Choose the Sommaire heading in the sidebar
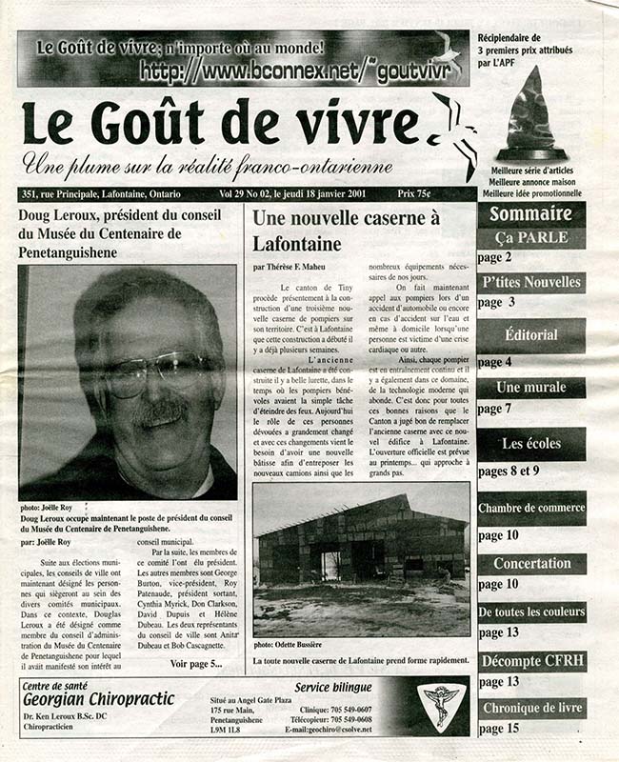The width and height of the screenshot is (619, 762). click(x=530, y=214)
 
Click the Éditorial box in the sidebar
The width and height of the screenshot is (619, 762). click(x=530, y=336)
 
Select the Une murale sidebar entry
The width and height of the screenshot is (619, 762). click(x=530, y=388)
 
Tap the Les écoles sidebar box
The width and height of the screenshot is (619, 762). click(x=530, y=444)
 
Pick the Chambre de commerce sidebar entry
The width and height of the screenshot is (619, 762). click(x=530, y=508)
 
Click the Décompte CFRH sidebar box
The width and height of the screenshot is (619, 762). click(x=530, y=661)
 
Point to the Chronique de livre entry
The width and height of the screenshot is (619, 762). click(x=530, y=708)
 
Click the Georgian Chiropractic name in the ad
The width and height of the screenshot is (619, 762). click(x=99, y=698)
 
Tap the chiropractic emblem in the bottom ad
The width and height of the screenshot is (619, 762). click(x=441, y=705)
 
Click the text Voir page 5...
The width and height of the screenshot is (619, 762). click(x=195, y=663)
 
